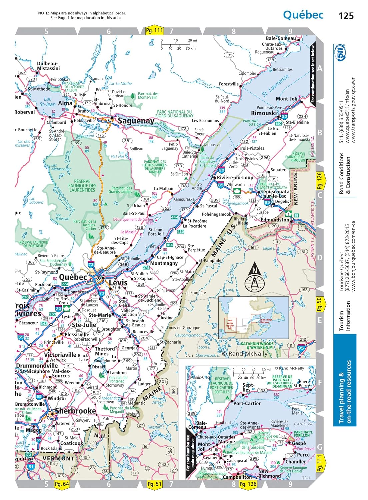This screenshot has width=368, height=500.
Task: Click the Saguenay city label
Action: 136,121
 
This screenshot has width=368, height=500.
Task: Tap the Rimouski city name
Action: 264,113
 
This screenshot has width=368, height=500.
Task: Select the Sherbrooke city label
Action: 76,411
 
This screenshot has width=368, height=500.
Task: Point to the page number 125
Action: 346,16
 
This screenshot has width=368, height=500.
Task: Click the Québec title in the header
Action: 303,15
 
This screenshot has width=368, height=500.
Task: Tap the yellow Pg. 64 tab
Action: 62,484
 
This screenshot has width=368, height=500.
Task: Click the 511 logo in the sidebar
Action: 341,53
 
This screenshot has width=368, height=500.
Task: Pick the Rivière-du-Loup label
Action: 235,178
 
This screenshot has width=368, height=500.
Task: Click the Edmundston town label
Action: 275,220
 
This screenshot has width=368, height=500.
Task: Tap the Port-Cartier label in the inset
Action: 247,403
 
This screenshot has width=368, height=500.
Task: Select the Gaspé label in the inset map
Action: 299,443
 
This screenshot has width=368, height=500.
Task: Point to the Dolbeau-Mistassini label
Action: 48,66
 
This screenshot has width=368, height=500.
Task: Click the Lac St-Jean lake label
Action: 48,102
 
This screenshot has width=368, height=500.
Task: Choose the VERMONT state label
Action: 58,458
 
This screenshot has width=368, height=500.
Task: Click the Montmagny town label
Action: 164,263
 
